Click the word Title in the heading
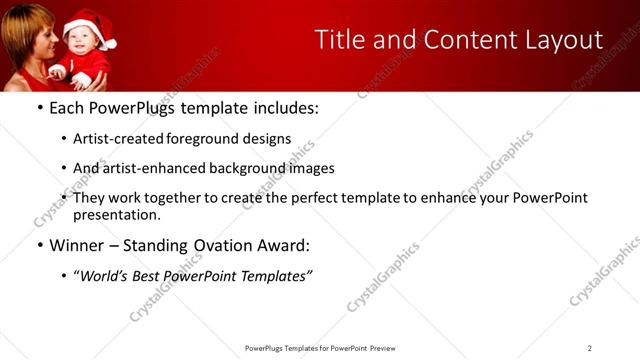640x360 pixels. [341, 40]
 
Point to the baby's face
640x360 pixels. [79, 46]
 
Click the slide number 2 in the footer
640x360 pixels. [589, 348]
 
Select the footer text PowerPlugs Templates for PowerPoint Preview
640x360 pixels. [319, 348]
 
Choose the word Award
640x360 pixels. [283, 245]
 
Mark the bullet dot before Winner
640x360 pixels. [40, 246]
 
